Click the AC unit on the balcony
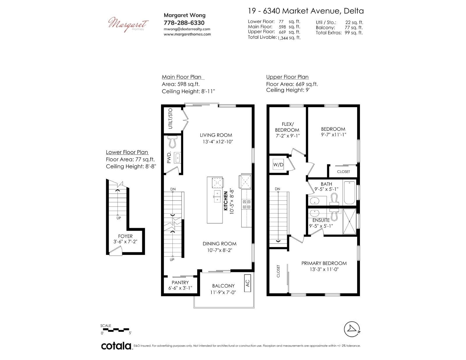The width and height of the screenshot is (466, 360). (248, 283)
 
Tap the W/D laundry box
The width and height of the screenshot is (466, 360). (278, 164)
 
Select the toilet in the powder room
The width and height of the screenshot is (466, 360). (173, 142)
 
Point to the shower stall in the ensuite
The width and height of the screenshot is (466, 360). (349, 221)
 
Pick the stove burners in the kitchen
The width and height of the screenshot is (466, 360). (246, 204)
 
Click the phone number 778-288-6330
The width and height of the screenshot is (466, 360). (184, 23)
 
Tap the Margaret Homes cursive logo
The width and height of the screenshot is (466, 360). (128, 24)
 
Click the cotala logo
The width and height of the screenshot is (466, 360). (116, 346)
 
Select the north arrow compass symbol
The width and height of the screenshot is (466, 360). (352, 329)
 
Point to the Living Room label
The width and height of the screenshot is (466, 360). (216, 135)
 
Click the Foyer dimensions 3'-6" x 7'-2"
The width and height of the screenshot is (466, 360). (125, 242)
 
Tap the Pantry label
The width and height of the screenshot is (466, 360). (180, 283)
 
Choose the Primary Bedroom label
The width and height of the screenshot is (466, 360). (324, 263)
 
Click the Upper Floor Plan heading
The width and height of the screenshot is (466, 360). (287, 77)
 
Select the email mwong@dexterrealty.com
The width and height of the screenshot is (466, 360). (187, 29)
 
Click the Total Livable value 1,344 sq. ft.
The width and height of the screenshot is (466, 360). (289, 38)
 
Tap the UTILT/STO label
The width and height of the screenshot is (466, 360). (170, 118)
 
